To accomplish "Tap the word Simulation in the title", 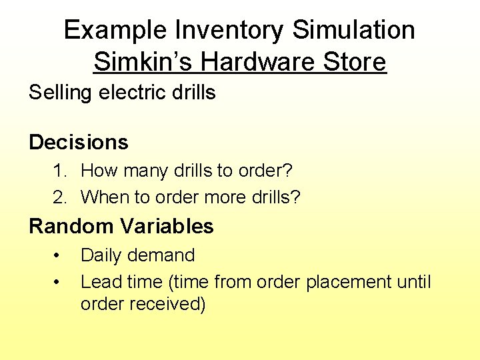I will pyautogui.click(x=353, y=30).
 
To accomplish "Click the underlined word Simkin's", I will pyautogui.click(x=143, y=62).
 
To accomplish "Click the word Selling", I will pyautogui.click(x=61, y=93).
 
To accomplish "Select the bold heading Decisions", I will pyautogui.click(x=79, y=142).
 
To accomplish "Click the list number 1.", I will pyautogui.click(x=61, y=171).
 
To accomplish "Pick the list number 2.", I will pyautogui.click(x=61, y=197).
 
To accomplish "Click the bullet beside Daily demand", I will pyautogui.click(x=58, y=256).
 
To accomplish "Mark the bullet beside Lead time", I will pyautogui.click(x=58, y=283).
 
